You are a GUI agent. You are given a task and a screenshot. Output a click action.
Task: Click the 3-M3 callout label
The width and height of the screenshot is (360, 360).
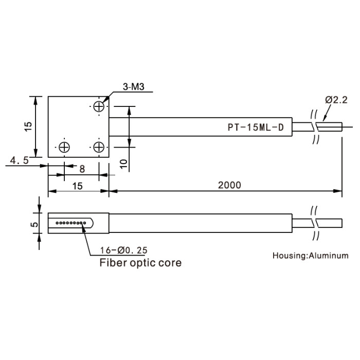point(133,87)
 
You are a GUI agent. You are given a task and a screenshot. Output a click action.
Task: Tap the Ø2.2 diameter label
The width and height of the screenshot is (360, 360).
point(336,100)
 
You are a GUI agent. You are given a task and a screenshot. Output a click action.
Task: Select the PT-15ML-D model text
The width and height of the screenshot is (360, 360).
point(256,127)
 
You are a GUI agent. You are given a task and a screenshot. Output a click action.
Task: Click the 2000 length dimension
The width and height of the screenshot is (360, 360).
point(229,185)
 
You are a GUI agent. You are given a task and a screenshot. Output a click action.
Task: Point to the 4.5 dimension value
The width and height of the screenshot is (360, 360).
point(20,160)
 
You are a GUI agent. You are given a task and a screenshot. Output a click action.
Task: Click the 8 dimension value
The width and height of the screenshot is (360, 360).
point(82,169)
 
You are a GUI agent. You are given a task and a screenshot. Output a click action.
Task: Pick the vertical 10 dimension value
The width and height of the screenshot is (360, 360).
point(123,164)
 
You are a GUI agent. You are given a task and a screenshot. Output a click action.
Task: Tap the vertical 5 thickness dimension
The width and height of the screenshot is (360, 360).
point(34,224)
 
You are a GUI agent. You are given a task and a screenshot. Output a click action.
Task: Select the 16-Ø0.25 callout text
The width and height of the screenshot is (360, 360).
point(123,250)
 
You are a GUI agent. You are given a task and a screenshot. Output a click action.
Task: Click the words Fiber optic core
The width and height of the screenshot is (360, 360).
point(140,263)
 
